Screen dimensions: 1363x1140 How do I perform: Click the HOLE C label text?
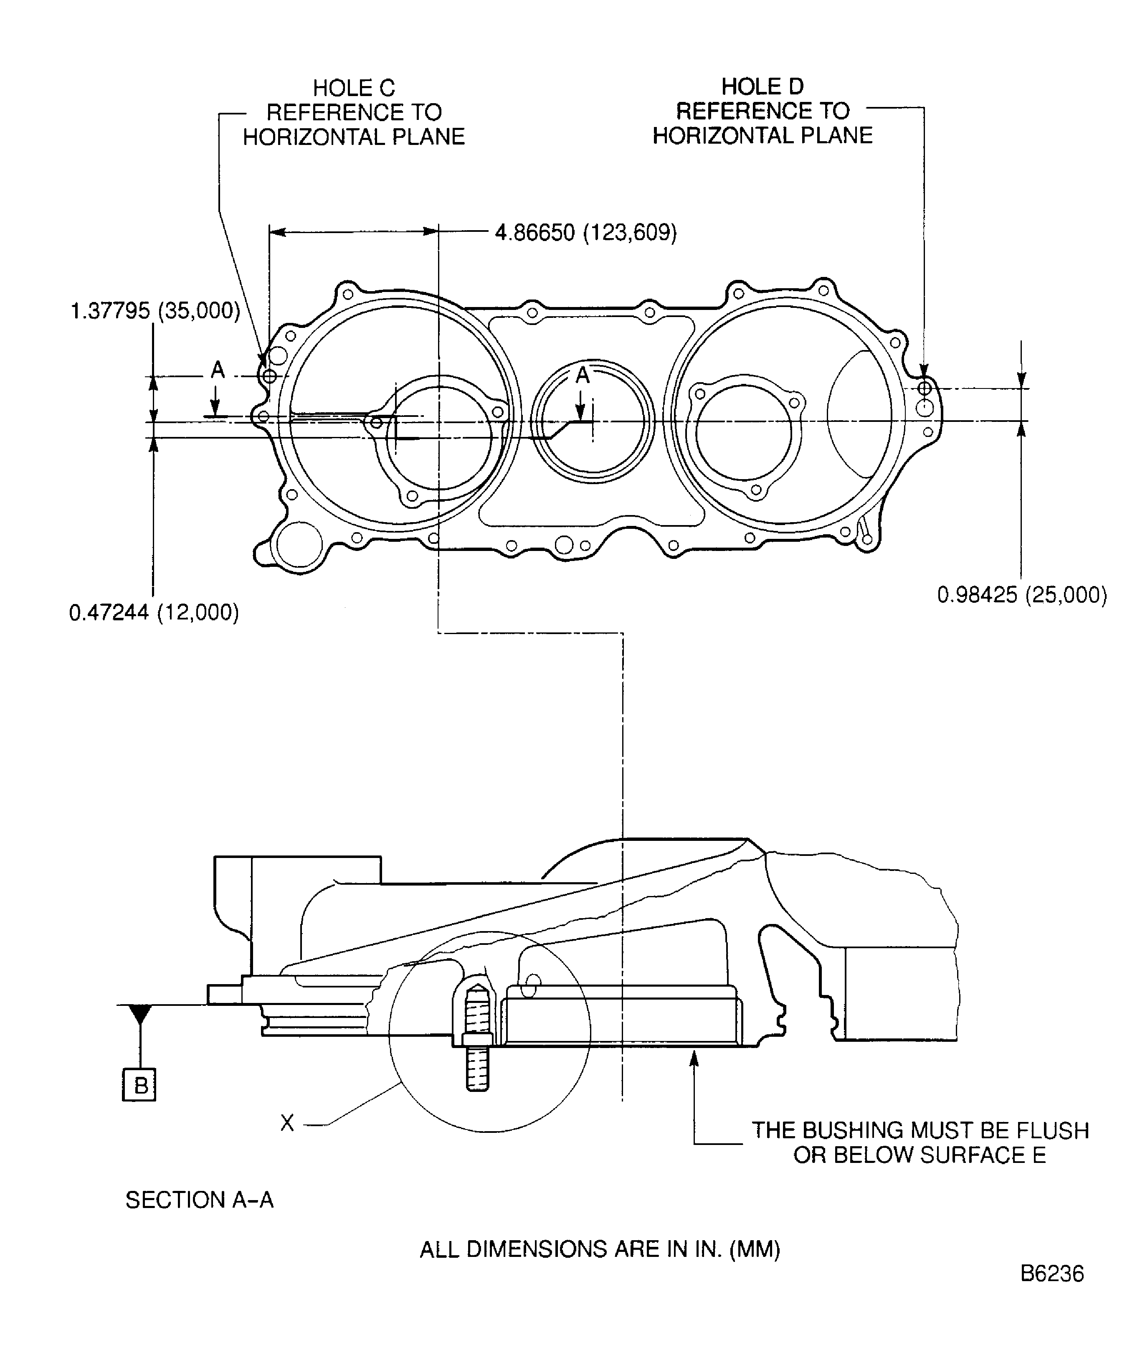[354, 88]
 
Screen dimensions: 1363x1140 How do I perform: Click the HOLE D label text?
[763, 87]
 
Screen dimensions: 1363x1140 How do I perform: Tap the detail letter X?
[287, 1122]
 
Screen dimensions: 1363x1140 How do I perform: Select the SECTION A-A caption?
[199, 1200]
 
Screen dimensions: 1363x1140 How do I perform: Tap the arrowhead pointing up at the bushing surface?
[694, 1058]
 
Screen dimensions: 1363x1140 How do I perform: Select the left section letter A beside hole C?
[218, 370]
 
